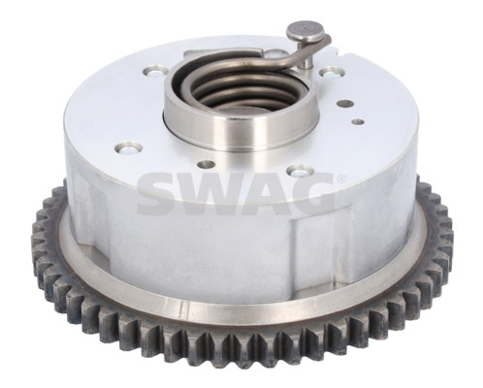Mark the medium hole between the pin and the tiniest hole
(x=344, y=100)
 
